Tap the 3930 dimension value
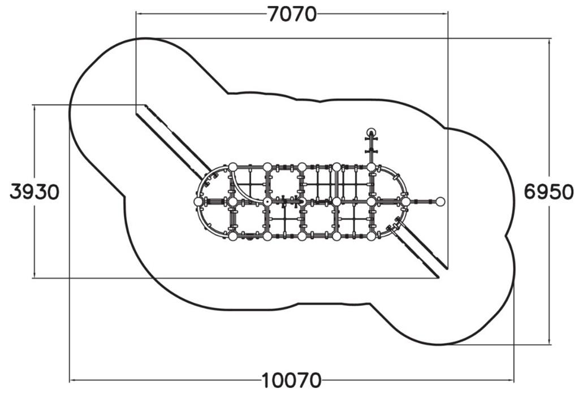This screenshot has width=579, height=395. [34, 192]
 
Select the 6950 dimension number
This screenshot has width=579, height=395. [549, 192]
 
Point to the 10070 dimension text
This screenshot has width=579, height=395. [292, 380]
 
